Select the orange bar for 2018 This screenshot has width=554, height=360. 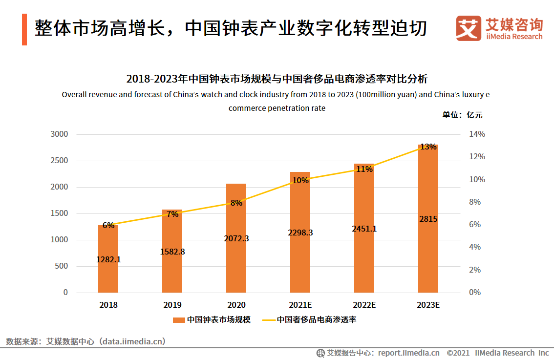pyautogui.click(x=108, y=274)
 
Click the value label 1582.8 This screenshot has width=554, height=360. pyautogui.click(x=172, y=252)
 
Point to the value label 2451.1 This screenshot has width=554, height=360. pyautogui.click(x=364, y=229)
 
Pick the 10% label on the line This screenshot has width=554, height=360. pyautogui.click(x=300, y=180)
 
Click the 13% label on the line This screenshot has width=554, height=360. pyautogui.click(x=428, y=147)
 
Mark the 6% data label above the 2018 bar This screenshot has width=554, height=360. pyautogui.click(x=108, y=225)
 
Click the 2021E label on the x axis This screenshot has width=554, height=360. pyautogui.click(x=300, y=305)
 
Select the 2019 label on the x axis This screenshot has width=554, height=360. pyautogui.click(x=172, y=305)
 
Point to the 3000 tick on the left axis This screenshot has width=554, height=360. pyautogui.click(x=59, y=134)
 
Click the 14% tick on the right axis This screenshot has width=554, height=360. pyautogui.click(x=477, y=134)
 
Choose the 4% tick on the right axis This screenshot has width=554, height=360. pyautogui.click(x=475, y=247)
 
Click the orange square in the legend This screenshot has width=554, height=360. pyautogui.click(x=179, y=320)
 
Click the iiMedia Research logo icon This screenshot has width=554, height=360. pyautogui.click(x=468, y=28)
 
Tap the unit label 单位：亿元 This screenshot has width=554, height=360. pyautogui.click(x=462, y=115)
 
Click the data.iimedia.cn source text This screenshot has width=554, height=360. pyautogui.click(x=132, y=341)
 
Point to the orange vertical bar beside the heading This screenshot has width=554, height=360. pyautogui.click(x=24, y=29)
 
